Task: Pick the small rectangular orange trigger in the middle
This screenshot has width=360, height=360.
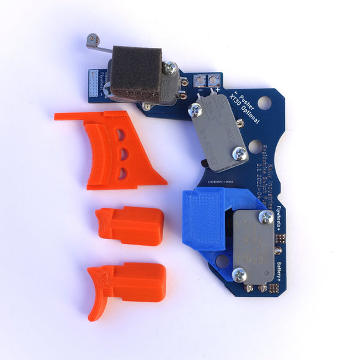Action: tap(130, 225)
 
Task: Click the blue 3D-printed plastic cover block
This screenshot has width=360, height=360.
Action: tap(203, 217)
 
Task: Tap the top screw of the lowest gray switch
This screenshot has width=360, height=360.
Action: tap(266, 217)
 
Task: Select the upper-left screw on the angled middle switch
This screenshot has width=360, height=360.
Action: tap(196, 110)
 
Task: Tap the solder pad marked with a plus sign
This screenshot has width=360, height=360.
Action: tap(214, 79)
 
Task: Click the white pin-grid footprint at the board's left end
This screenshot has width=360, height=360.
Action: tap(94, 82)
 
